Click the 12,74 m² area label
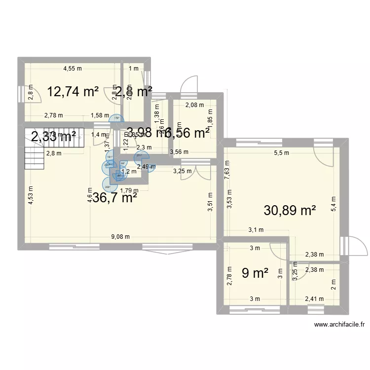pos(73,92)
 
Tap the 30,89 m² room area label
pos(290,211)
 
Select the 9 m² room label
pos(255,273)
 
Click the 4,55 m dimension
pos(72,69)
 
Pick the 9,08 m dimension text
pos(120,236)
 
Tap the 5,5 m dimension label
pos(282,153)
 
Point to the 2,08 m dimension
pos(193,105)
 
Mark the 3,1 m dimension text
pos(256,230)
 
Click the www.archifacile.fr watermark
pos(340,325)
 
